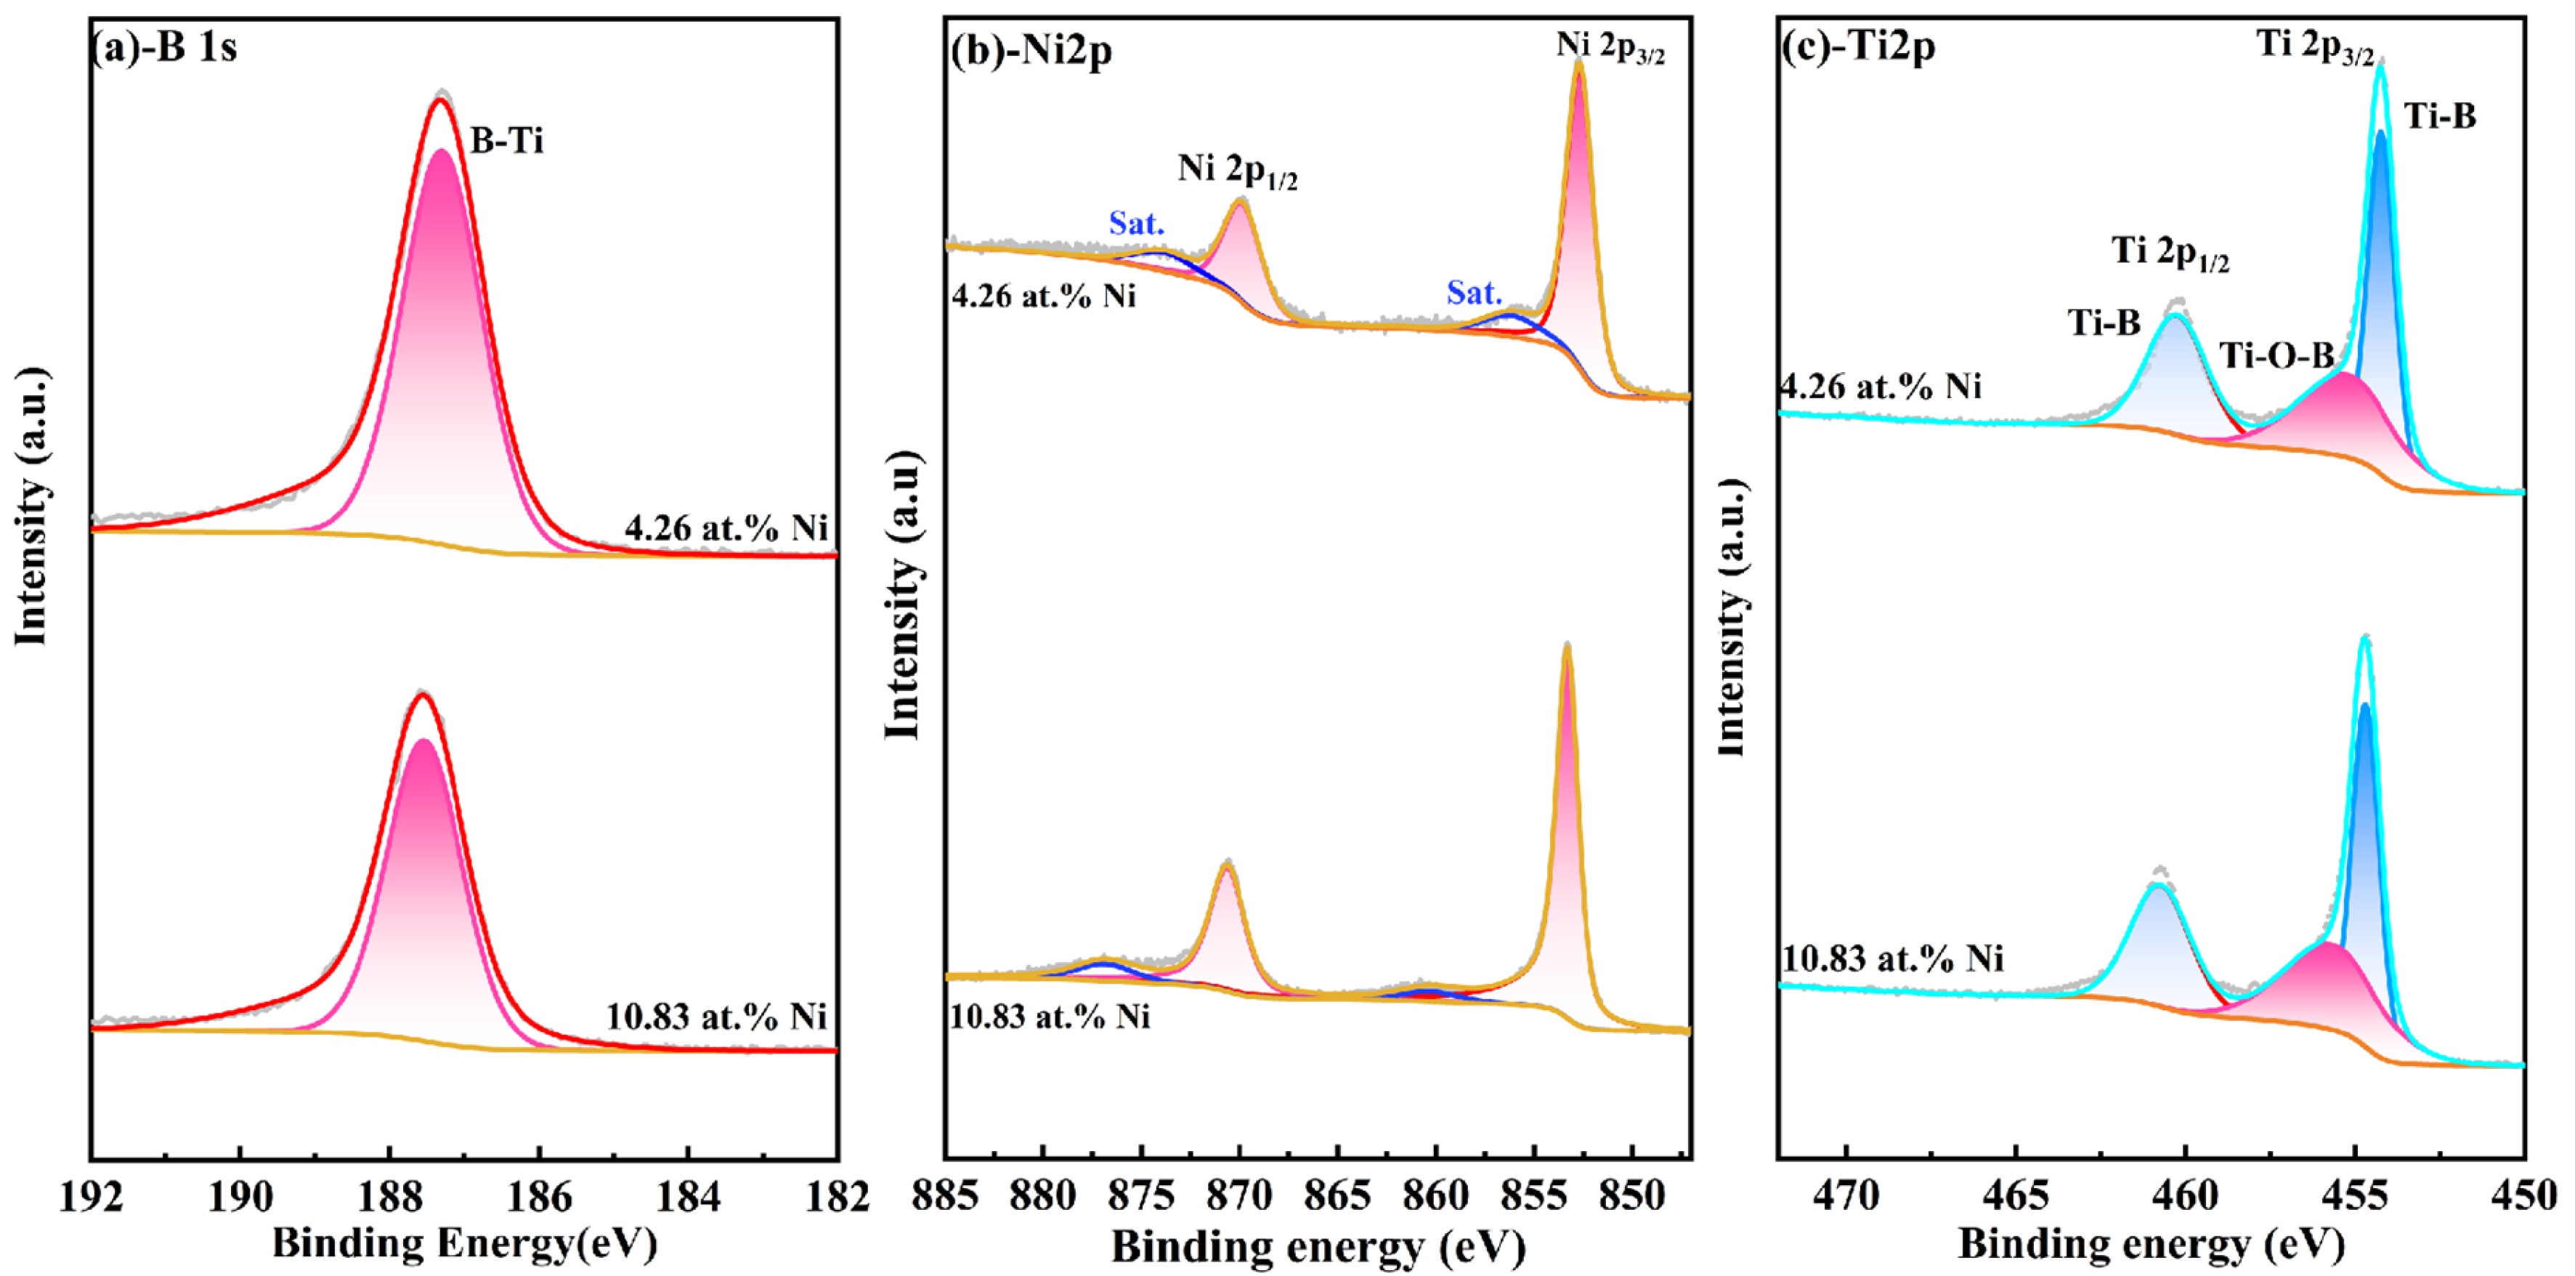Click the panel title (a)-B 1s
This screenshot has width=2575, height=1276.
click(165, 47)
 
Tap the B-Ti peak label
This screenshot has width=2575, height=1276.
click(507, 141)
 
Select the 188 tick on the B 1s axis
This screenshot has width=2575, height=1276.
click(389, 1195)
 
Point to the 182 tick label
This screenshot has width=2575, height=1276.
click(835, 1195)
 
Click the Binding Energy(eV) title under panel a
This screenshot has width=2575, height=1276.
click(465, 1243)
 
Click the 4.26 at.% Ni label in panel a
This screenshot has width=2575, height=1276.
click(726, 528)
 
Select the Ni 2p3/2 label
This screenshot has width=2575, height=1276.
click(1610, 46)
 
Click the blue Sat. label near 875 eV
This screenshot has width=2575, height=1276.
click(1137, 224)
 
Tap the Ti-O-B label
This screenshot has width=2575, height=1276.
click(2277, 355)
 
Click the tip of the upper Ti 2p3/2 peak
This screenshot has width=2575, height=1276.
click(2380, 64)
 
